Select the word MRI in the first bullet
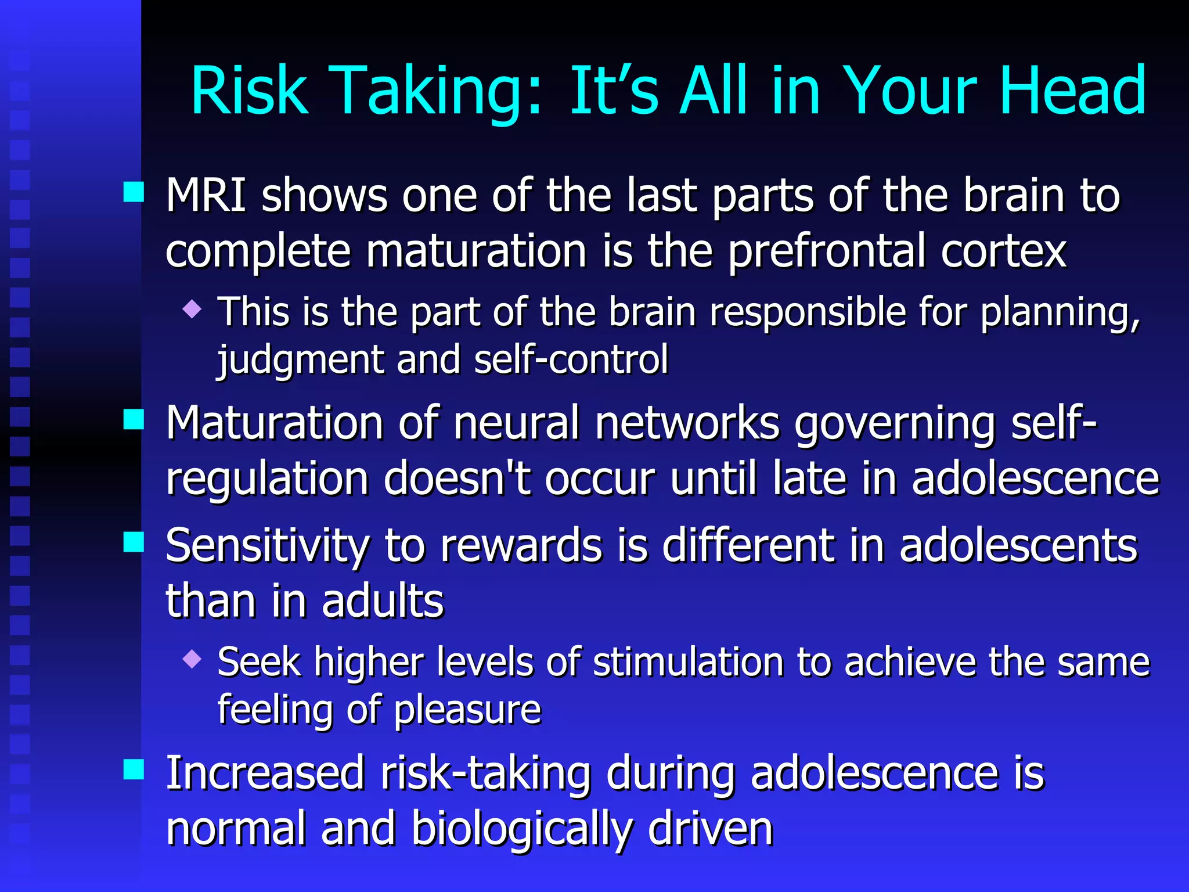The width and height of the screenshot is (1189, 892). click(x=206, y=196)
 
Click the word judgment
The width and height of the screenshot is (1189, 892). click(x=300, y=360)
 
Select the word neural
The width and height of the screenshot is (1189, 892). click(x=517, y=423)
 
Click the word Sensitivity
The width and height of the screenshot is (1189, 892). click(x=267, y=546)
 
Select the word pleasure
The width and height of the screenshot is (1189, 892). click(x=467, y=710)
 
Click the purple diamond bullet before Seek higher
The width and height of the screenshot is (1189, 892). click(x=192, y=659)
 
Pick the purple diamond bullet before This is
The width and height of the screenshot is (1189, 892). click(x=192, y=308)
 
